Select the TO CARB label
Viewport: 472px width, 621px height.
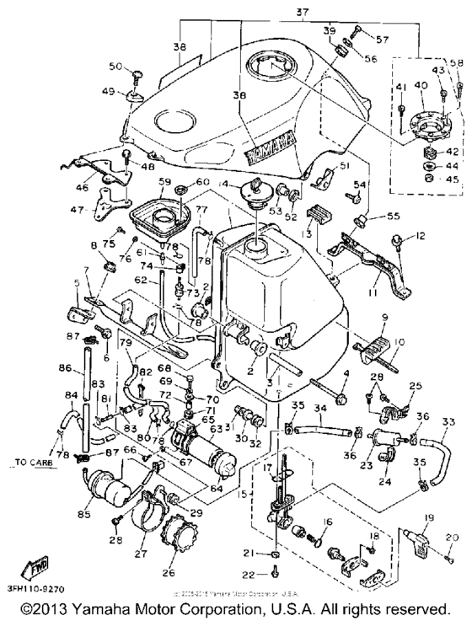click(30, 463)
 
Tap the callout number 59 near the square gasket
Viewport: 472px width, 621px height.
click(164, 182)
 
